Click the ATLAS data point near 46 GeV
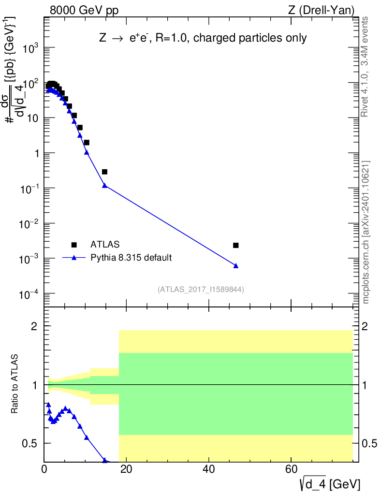point(235,245)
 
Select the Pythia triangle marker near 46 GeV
point(235,265)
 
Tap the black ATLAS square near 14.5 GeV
point(104,172)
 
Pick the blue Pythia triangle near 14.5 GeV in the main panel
point(104,185)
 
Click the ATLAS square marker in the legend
point(74,245)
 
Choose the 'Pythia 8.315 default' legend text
point(131,257)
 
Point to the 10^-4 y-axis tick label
point(30,294)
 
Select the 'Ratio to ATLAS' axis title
point(15,385)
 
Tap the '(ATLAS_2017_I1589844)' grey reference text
point(201,290)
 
